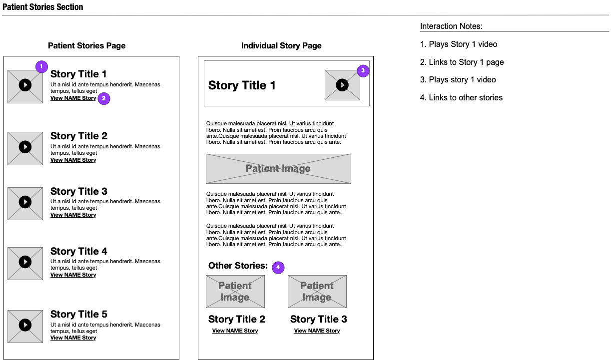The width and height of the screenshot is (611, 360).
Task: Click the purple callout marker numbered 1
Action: tap(41, 66)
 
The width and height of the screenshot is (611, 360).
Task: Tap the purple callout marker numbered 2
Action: tap(103, 98)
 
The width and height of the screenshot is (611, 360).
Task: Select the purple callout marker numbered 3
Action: tap(363, 71)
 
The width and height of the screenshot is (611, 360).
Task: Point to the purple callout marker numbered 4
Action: tap(278, 268)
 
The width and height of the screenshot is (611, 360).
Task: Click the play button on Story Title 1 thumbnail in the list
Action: tap(25, 85)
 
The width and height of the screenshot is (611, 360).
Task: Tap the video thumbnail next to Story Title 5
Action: tap(25, 326)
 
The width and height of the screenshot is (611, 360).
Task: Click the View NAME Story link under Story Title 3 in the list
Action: tap(73, 215)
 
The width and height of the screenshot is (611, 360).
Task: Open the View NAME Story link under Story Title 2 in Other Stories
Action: tap(235, 331)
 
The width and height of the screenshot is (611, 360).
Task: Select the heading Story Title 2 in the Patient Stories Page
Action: tap(79, 136)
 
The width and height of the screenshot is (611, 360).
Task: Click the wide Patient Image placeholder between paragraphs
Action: tap(278, 169)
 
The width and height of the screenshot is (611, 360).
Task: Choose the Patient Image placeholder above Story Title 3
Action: tap(317, 292)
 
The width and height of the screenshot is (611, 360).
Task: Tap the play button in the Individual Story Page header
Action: tap(342, 85)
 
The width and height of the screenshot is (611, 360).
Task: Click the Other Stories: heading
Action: tap(238, 266)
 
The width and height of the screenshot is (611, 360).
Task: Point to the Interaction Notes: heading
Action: tap(451, 26)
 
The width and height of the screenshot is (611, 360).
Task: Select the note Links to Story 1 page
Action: tap(462, 62)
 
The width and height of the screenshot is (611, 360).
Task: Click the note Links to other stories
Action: tap(461, 98)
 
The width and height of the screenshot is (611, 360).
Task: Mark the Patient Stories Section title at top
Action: tap(43, 7)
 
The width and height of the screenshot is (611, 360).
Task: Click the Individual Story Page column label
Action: tap(281, 46)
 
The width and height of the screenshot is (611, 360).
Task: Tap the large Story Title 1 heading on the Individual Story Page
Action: tap(242, 85)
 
